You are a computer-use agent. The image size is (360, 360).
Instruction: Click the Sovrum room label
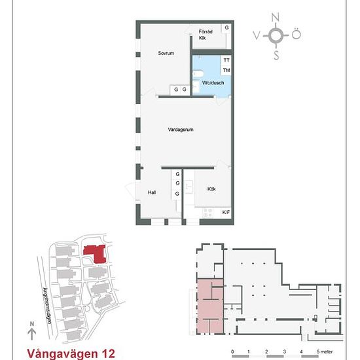(x=166, y=54)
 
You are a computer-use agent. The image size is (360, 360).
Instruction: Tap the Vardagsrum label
(x=180, y=130)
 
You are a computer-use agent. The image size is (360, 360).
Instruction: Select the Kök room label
(x=211, y=189)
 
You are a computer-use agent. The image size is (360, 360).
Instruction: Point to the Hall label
(x=152, y=193)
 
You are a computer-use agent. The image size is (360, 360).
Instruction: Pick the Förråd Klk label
(x=205, y=34)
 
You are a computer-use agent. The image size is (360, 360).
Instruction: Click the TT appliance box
(x=226, y=60)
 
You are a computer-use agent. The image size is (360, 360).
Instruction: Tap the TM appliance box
(x=226, y=70)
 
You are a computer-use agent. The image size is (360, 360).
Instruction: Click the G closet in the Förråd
(x=227, y=27)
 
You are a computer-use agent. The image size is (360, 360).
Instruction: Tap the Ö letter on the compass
(x=297, y=35)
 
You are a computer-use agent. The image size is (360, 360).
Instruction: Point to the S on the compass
(x=276, y=56)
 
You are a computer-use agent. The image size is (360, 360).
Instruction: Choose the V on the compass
(x=256, y=35)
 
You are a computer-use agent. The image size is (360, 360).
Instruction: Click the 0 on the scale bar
(x=233, y=351)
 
